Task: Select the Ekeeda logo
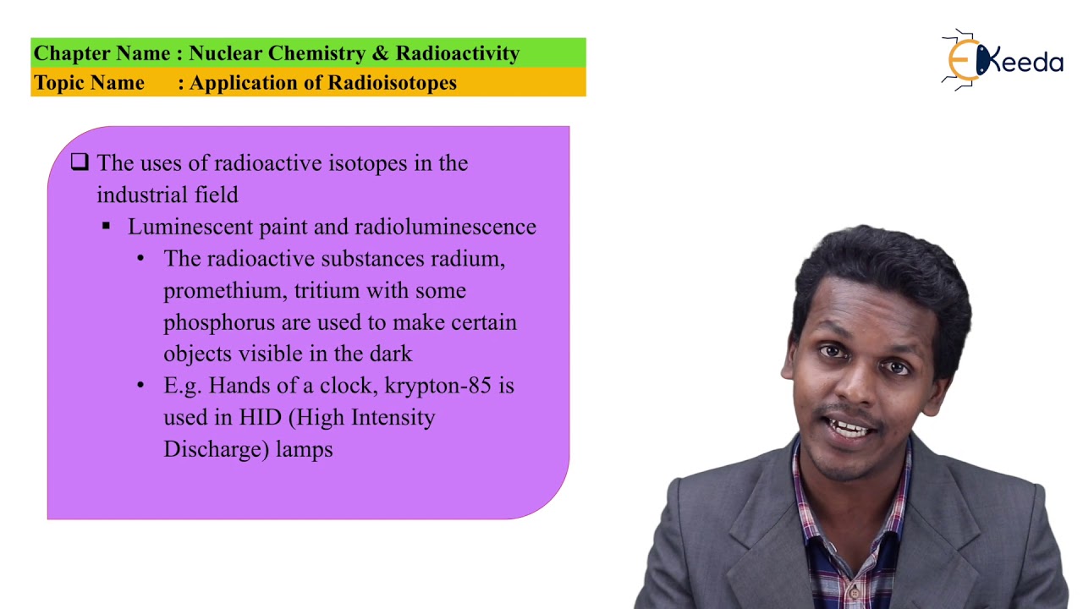click(1003, 60)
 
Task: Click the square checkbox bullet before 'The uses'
click(80, 162)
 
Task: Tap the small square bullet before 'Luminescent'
click(107, 226)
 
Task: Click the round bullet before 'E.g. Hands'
click(140, 386)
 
